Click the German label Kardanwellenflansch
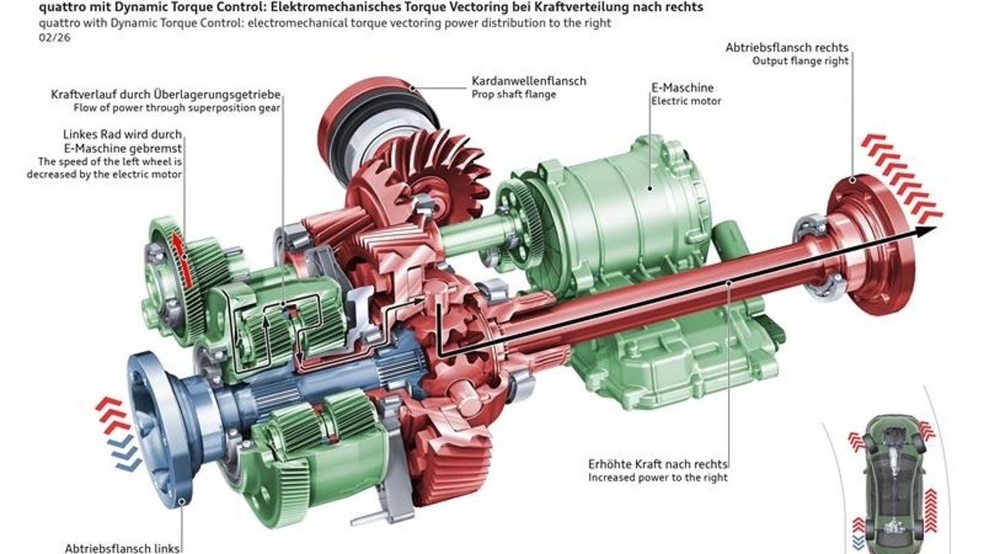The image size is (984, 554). coord(528,81)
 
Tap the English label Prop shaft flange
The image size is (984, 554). coord(514,94)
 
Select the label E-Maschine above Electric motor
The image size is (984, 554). coord(682,88)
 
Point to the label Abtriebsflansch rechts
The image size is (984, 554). coord(786,48)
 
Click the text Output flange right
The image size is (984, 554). coord(800,61)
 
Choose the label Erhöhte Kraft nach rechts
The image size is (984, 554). coord(657,464)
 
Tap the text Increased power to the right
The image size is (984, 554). coord(657,478)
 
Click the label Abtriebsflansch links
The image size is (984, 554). coord(122,549)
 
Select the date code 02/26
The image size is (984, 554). coord(55,38)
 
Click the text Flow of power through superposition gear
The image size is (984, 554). coord(177,108)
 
